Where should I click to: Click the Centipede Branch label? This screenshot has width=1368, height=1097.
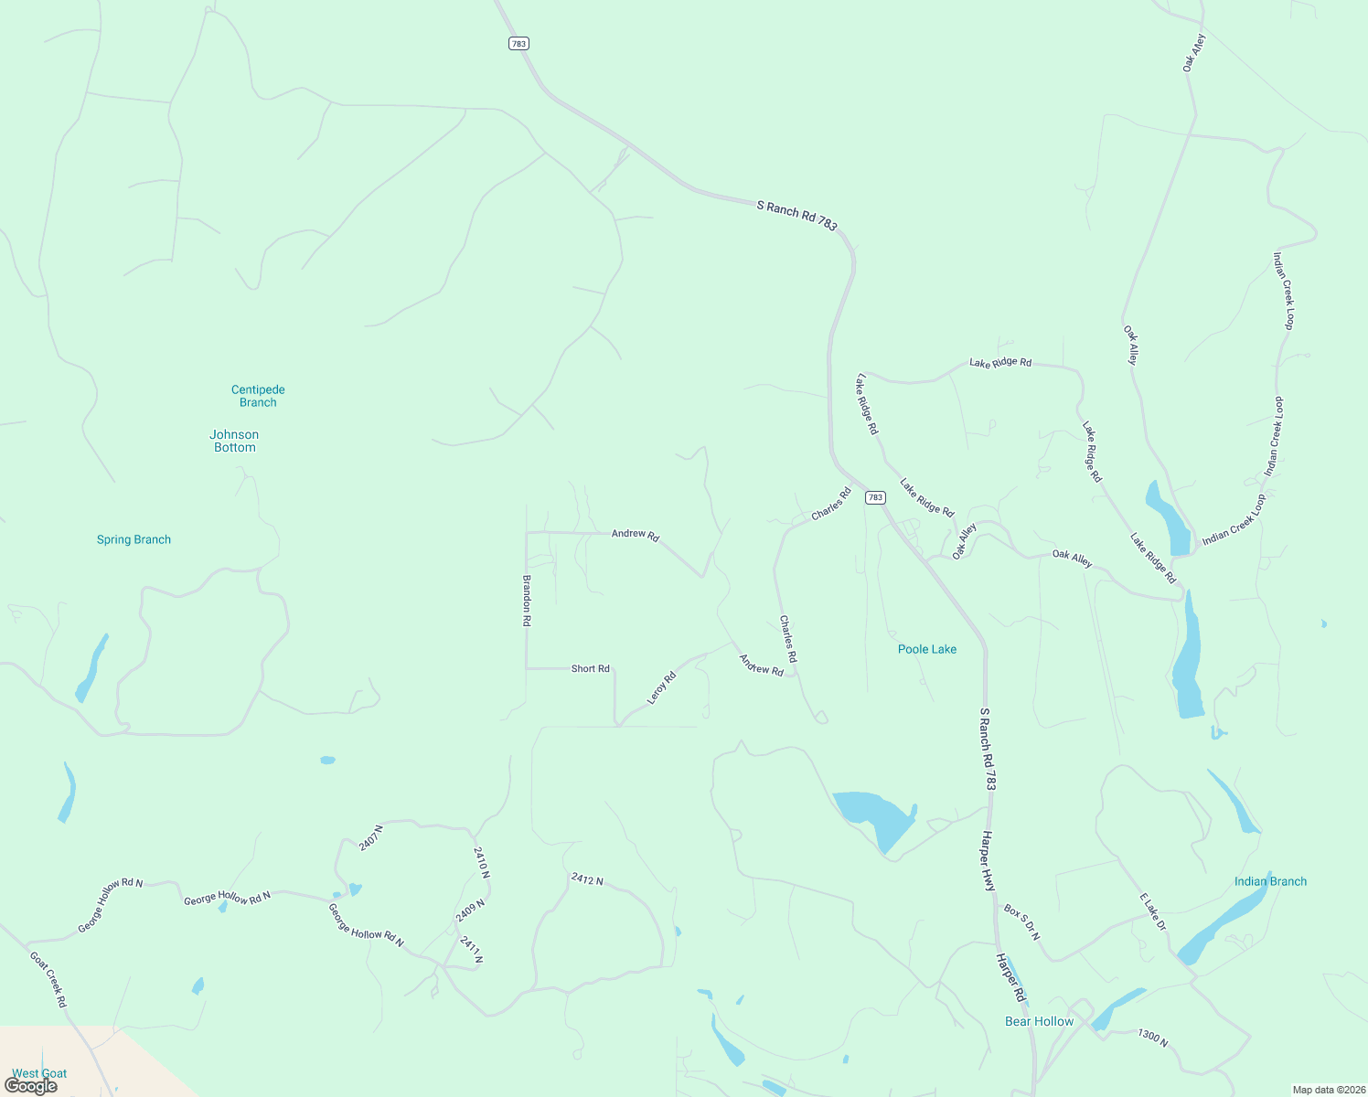(x=258, y=396)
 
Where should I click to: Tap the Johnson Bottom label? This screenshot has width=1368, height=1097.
(x=234, y=441)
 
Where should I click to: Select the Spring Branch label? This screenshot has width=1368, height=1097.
(x=134, y=539)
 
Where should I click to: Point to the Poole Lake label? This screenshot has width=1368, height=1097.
(x=927, y=649)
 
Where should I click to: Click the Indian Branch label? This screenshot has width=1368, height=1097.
(x=1270, y=881)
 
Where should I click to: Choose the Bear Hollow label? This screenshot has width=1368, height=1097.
(x=1039, y=1021)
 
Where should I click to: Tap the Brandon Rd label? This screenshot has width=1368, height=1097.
(x=527, y=600)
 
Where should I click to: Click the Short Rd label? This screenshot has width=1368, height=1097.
(x=590, y=669)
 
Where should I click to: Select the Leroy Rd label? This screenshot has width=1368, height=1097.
(x=661, y=688)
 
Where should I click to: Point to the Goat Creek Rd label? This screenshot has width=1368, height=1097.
(x=48, y=979)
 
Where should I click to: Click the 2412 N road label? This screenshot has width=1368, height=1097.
(x=587, y=879)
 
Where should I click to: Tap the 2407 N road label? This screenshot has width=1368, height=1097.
(x=370, y=837)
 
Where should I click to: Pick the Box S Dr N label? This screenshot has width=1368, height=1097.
(x=1021, y=923)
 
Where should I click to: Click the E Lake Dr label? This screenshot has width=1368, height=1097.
(x=1153, y=912)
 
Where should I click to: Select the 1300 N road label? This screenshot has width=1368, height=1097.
(x=1152, y=1038)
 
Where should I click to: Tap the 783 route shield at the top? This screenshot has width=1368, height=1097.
(x=518, y=43)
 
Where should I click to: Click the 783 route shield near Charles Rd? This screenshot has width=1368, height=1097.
(x=875, y=497)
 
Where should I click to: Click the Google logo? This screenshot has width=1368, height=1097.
(x=31, y=1086)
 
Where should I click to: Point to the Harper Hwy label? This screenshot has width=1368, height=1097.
(x=988, y=861)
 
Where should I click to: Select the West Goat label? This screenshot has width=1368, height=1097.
(x=39, y=1073)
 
